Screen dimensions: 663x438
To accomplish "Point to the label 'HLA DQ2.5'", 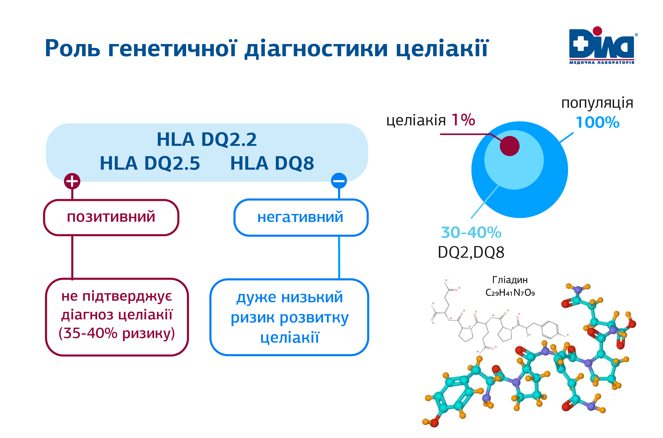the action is [150, 163].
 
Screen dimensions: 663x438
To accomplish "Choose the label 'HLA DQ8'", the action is [272, 163].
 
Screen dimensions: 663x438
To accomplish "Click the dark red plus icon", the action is [72, 181].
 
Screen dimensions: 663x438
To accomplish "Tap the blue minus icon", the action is [339, 181].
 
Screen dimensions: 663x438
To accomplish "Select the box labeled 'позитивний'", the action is [111, 217].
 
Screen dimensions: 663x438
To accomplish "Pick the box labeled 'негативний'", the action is [301, 217].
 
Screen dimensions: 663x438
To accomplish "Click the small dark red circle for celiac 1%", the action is [509, 146].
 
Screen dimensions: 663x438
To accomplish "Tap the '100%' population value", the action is [598, 122].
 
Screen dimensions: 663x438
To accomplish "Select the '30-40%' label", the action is [471, 232].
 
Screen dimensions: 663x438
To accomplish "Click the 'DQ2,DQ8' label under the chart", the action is [471, 252].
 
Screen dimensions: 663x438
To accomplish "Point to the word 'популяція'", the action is [598, 103].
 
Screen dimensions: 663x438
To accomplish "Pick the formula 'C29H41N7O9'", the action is [510, 292].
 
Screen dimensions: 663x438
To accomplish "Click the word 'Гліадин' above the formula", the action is [510, 280].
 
